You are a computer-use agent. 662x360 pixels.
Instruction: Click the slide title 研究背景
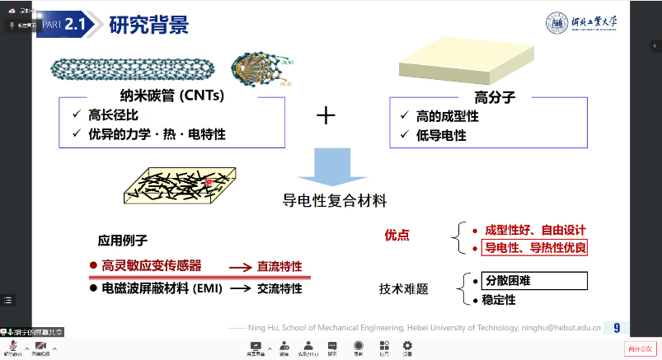(149, 25)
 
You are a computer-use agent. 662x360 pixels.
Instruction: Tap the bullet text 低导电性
(447, 134)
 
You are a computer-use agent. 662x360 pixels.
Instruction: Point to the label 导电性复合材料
(335, 200)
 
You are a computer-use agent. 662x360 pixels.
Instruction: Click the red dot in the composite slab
(210, 181)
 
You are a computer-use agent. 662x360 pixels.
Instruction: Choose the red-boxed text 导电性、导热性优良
(534, 247)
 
